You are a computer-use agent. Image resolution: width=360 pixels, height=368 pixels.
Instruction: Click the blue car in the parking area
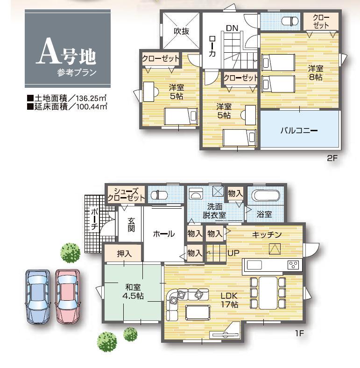click(x=37, y=296)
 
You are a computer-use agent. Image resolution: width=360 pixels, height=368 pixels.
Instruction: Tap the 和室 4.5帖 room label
click(x=133, y=291)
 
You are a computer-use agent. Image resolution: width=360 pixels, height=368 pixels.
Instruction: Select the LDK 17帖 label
click(x=229, y=300)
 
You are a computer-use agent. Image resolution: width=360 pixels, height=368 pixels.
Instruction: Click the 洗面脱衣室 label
click(x=214, y=211)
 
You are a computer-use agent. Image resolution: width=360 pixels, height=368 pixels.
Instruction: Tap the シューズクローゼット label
click(x=126, y=194)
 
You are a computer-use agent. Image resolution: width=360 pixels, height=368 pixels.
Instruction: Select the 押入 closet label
click(x=124, y=254)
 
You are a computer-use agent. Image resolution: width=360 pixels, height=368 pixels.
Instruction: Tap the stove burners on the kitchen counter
click(x=294, y=265)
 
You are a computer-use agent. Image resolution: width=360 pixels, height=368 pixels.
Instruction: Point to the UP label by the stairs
click(x=233, y=254)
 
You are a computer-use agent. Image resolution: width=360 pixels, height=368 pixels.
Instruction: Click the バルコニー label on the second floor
click(x=299, y=130)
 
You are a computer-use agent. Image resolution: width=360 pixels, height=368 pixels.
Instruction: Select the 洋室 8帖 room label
click(x=315, y=72)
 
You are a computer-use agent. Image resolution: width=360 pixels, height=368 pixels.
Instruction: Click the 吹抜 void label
click(x=181, y=31)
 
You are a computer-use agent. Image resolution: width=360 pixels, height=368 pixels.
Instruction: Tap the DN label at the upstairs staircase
click(x=232, y=28)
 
